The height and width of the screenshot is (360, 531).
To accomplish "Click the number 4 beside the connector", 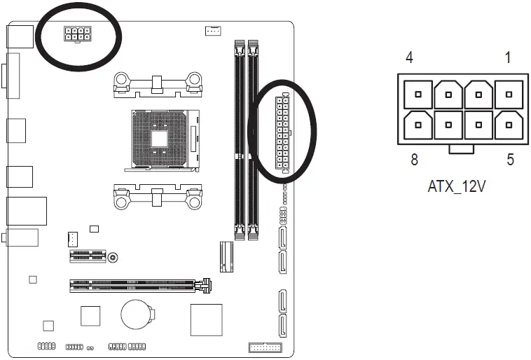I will tap(408, 57).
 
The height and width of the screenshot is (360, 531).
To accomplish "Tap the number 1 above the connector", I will tap(507, 57).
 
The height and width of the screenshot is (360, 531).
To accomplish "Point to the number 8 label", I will tap(414, 160).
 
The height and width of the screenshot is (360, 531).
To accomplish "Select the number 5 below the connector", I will tap(510, 160).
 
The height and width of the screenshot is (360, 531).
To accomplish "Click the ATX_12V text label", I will tap(456, 187).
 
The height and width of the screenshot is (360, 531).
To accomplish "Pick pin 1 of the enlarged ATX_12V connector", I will tap(507, 93).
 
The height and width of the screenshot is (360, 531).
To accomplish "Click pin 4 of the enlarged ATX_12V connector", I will tap(418, 93).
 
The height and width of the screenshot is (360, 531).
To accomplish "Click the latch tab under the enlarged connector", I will tap(459, 148).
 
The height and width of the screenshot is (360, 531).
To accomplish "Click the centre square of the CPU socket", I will tap(160, 138).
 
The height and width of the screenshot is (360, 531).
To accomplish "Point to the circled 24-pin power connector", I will tap(282, 133).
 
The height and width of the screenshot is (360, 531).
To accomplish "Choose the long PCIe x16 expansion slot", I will tap(140, 285).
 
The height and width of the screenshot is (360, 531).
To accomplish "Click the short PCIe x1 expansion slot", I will tap(88, 257).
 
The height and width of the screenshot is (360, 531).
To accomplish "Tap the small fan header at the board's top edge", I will tap(213, 31).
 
